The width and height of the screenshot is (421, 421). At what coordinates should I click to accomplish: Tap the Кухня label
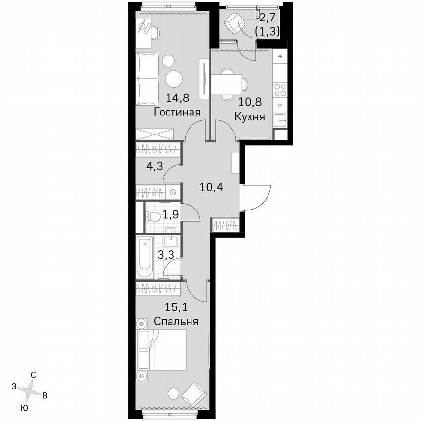click(249, 117)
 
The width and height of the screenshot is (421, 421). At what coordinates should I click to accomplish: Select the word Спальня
click(176, 322)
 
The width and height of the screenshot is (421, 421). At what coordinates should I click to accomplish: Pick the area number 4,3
click(154, 166)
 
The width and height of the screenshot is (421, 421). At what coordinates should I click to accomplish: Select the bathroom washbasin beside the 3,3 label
click(172, 238)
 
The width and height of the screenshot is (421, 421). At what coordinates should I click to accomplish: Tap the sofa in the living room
click(145, 79)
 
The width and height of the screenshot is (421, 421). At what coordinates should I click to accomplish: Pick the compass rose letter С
click(33, 375)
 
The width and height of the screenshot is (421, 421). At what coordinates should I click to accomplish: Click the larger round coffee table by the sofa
click(173, 78)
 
